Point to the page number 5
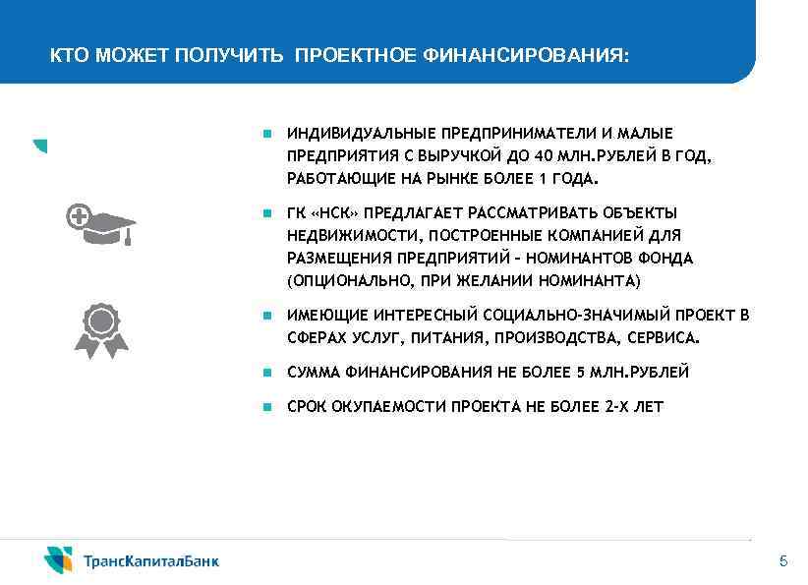coord(782,561)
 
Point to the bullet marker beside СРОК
coord(266,407)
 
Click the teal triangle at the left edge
coord(39,145)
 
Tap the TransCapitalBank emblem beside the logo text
coord(58,559)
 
